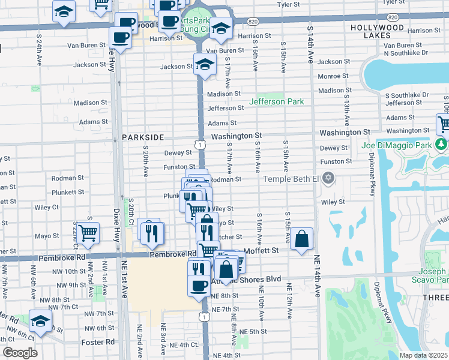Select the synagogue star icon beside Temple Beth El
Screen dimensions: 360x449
point(328,178)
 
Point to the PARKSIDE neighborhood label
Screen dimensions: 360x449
point(143,137)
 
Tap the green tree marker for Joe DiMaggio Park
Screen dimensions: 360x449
point(442,145)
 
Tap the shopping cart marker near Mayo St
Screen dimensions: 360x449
point(88,232)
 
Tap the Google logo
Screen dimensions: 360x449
point(20,353)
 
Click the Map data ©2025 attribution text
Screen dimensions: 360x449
point(423,355)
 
